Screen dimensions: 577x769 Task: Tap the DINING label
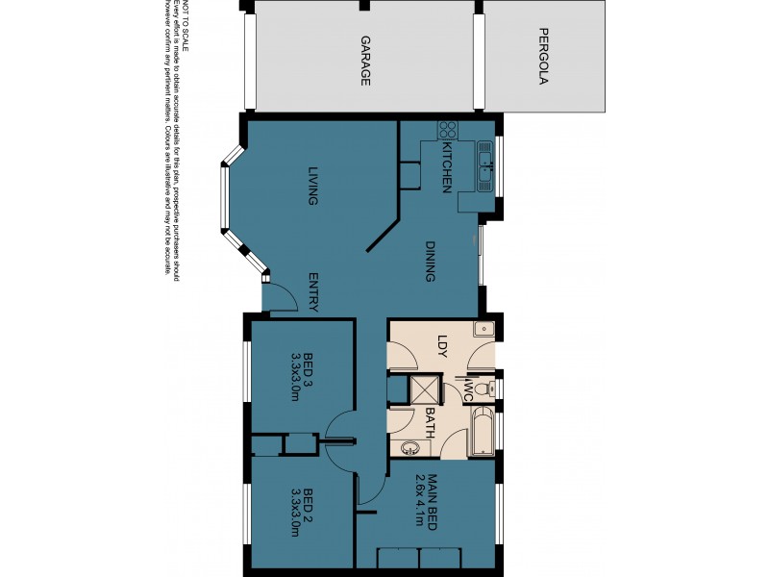[430, 261]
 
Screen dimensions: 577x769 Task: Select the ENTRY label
[312, 293]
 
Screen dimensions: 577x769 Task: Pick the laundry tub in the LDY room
[484, 329]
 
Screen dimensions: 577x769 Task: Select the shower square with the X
[424, 389]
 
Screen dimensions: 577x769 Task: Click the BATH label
[432, 423]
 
